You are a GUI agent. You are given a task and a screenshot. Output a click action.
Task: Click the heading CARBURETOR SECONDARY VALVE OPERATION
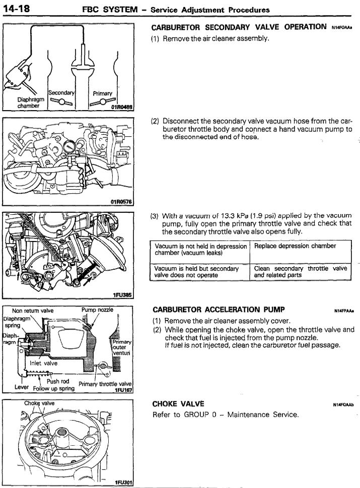(x=239, y=27)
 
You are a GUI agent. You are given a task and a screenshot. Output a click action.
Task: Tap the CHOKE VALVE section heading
(x=178, y=403)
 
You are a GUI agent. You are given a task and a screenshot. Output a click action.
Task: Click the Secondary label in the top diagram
(x=61, y=93)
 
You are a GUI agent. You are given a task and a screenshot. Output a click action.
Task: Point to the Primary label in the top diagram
(x=102, y=93)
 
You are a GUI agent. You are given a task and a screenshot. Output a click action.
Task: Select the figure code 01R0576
(x=121, y=203)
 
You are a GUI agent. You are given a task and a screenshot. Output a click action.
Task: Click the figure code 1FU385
(x=122, y=296)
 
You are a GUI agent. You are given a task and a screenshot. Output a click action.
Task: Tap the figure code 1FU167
(x=123, y=389)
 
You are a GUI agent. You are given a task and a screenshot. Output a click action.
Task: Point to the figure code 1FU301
(x=123, y=482)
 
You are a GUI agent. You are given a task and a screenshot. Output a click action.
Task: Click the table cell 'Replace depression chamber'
(x=295, y=246)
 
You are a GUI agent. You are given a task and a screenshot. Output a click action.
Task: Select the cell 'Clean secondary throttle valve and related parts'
(x=300, y=272)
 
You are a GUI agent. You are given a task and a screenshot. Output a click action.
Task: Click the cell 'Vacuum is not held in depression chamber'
(x=200, y=250)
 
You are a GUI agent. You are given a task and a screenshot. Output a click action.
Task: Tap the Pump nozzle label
(x=94, y=310)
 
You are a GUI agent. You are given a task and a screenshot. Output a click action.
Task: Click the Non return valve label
(x=32, y=310)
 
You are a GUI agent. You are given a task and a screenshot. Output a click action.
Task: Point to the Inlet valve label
(x=44, y=363)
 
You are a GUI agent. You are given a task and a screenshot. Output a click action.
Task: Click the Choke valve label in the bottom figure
(x=39, y=403)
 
